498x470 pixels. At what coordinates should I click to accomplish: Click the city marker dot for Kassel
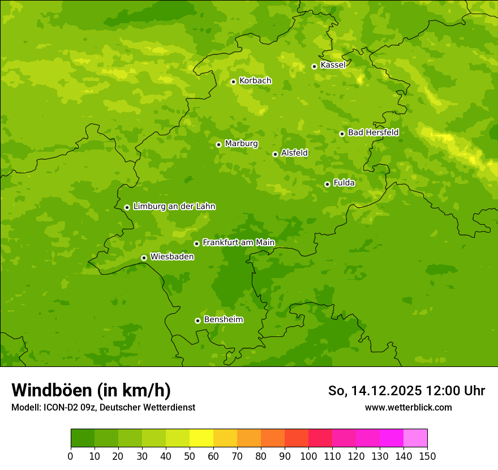point(314,66)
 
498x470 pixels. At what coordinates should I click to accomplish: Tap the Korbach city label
point(255,81)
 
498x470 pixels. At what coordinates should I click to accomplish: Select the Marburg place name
point(241,144)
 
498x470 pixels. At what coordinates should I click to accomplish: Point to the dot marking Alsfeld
point(275,154)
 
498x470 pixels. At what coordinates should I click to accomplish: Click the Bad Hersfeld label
point(373,133)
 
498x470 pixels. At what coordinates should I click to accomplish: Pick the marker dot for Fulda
point(327,184)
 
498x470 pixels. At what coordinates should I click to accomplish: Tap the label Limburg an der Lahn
point(174,207)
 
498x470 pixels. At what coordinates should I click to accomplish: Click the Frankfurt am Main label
point(238,243)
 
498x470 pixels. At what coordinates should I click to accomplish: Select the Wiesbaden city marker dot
point(144,258)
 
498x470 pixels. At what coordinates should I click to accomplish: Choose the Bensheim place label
point(223,319)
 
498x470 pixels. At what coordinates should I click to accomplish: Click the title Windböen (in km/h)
point(91,390)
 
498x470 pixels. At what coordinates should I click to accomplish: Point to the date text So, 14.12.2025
point(374,391)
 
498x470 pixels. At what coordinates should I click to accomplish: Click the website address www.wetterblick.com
point(408,407)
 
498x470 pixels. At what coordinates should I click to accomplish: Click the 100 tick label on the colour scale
point(308,456)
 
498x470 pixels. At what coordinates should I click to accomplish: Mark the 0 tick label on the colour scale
point(71,456)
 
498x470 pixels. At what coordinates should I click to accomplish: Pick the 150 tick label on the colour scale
point(427,456)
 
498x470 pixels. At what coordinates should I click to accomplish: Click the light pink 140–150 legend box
point(415,438)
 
